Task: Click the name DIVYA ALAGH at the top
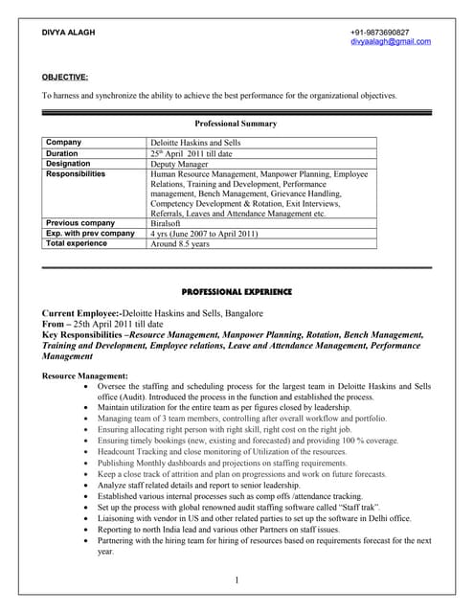[68, 33]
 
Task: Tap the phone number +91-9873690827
[393, 33]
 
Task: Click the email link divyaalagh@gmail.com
[391, 42]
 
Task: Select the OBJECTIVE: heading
[65, 76]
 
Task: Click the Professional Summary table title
[236, 124]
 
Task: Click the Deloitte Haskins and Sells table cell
[195, 143]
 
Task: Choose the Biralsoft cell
[170, 223]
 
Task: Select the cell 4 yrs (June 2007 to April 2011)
[205, 233]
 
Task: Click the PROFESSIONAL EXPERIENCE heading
[237, 291]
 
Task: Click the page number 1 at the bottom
[236, 580]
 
